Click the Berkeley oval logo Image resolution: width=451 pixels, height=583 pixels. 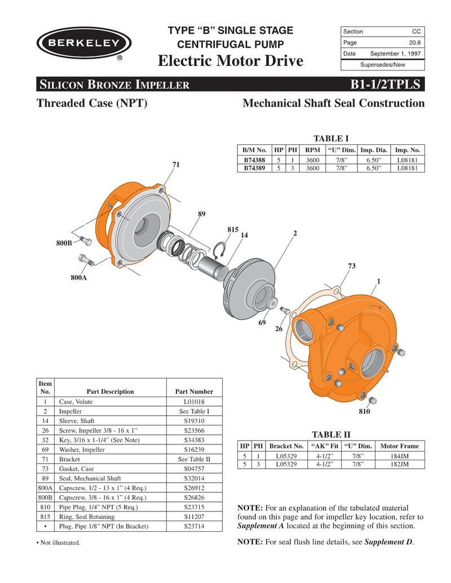84,43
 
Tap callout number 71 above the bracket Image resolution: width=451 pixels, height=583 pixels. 176,164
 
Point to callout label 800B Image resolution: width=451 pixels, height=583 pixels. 64,243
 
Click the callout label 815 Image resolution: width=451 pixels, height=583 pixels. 233,230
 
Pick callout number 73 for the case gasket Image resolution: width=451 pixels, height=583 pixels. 352,266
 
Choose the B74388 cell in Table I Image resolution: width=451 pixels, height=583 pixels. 254,160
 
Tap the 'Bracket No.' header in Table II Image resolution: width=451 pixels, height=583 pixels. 286,446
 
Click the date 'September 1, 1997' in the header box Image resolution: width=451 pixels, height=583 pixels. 395,54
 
